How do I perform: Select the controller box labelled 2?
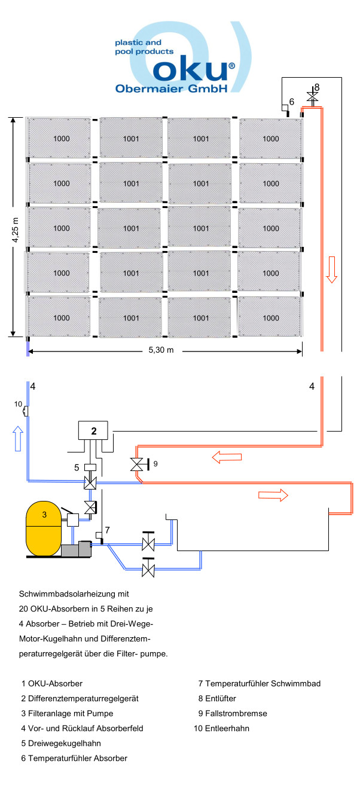[93, 430]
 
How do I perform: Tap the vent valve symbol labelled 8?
[312, 96]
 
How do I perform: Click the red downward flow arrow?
[332, 273]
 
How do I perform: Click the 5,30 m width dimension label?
[161, 350]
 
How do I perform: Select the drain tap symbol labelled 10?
[25, 411]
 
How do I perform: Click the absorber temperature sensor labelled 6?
[286, 108]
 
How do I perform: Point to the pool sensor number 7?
[107, 530]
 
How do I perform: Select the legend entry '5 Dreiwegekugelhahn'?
[61, 744]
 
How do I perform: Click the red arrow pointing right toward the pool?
[274, 495]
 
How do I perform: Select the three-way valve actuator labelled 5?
[90, 467]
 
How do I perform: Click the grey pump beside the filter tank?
[76, 550]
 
